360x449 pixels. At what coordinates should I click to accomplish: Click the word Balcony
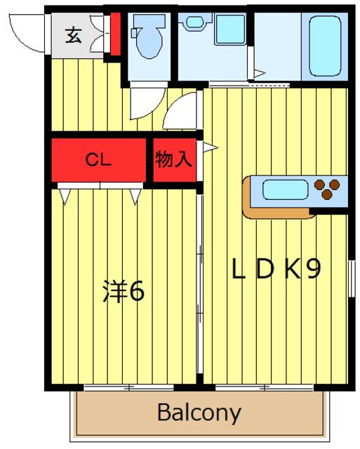[x=199, y=413]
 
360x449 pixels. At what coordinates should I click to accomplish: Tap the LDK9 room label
[x=276, y=269]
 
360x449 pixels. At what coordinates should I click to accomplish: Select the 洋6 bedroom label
[x=124, y=290]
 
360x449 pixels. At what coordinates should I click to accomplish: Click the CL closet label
[x=98, y=160]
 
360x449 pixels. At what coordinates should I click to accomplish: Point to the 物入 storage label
[x=173, y=159]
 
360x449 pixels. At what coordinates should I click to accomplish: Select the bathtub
[x=326, y=46]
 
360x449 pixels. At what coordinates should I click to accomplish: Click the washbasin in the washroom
[x=195, y=22]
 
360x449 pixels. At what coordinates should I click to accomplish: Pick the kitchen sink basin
[x=285, y=189]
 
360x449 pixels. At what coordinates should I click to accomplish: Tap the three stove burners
[x=327, y=189]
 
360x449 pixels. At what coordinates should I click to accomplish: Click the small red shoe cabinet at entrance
[x=116, y=34]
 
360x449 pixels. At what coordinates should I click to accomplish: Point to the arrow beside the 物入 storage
[x=211, y=148]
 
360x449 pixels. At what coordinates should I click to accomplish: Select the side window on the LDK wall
[x=352, y=279]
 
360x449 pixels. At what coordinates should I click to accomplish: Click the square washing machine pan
[x=230, y=29]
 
